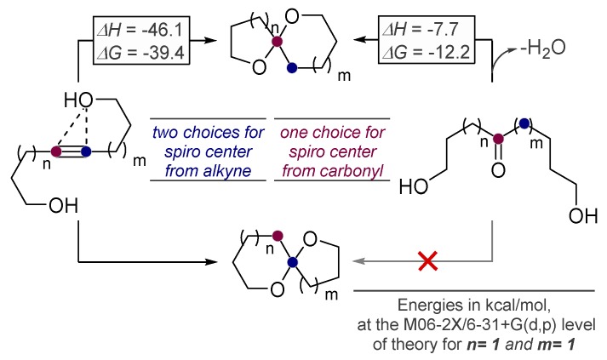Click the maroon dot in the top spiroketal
click(x=274, y=40)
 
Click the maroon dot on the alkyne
click(x=56, y=152)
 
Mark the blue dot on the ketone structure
click(x=525, y=125)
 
